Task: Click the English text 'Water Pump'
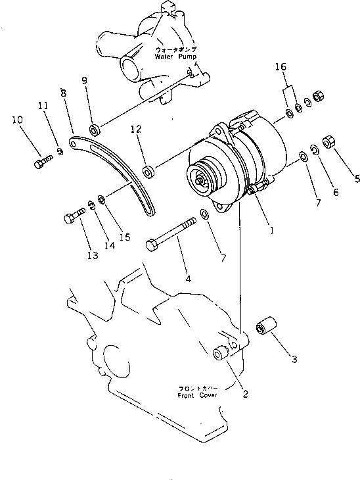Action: pyautogui.click(x=171, y=57)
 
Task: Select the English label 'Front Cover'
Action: pyautogui.click(x=200, y=397)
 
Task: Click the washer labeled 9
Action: pyautogui.click(x=94, y=130)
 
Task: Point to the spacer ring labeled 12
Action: pyautogui.click(x=148, y=171)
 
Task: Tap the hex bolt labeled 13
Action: pyautogui.click(x=74, y=215)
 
